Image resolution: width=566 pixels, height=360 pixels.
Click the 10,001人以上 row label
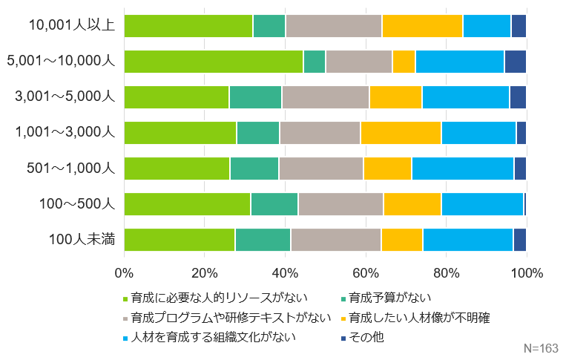[71, 26]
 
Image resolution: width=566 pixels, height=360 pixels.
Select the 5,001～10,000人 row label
[60, 62]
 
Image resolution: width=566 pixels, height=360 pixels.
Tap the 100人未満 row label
[82, 240]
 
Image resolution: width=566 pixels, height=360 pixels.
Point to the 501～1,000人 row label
[70, 168]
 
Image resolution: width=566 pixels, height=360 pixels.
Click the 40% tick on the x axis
[285, 272]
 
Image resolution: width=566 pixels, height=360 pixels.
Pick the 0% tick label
[124, 272]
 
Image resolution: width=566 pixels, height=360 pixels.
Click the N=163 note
[541, 347]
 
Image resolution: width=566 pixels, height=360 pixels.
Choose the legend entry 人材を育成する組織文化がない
[214, 337]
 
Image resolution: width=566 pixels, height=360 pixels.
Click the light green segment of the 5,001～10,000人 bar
[214, 62]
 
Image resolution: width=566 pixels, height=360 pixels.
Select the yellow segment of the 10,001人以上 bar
[422, 26]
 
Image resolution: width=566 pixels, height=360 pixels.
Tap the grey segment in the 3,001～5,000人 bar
[326, 97]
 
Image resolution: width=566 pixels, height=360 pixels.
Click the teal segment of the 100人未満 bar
[263, 240]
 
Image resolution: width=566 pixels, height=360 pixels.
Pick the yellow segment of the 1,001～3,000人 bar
[401, 133]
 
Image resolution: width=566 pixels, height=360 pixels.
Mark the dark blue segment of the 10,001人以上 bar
[519, 26]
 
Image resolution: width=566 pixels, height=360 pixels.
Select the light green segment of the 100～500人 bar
[187, 204]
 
